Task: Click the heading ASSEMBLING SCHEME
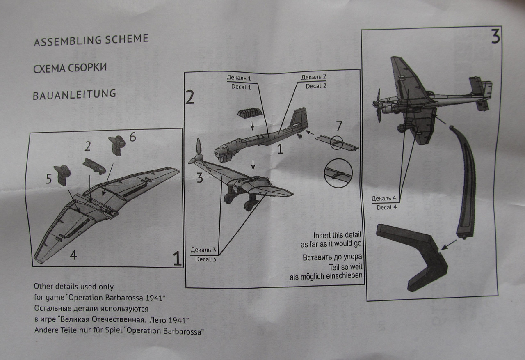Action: coord(90,40)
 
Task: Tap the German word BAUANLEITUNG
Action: coord(74,94)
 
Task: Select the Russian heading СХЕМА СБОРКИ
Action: coord(70,67)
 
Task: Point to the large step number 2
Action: coord(189,96)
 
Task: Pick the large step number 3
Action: coord(495,37)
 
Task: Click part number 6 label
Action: coord(132,138)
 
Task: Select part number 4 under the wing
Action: coord(73,255)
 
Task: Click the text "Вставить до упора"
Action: coord(332,258)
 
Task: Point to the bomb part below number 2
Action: coord(94,165)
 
